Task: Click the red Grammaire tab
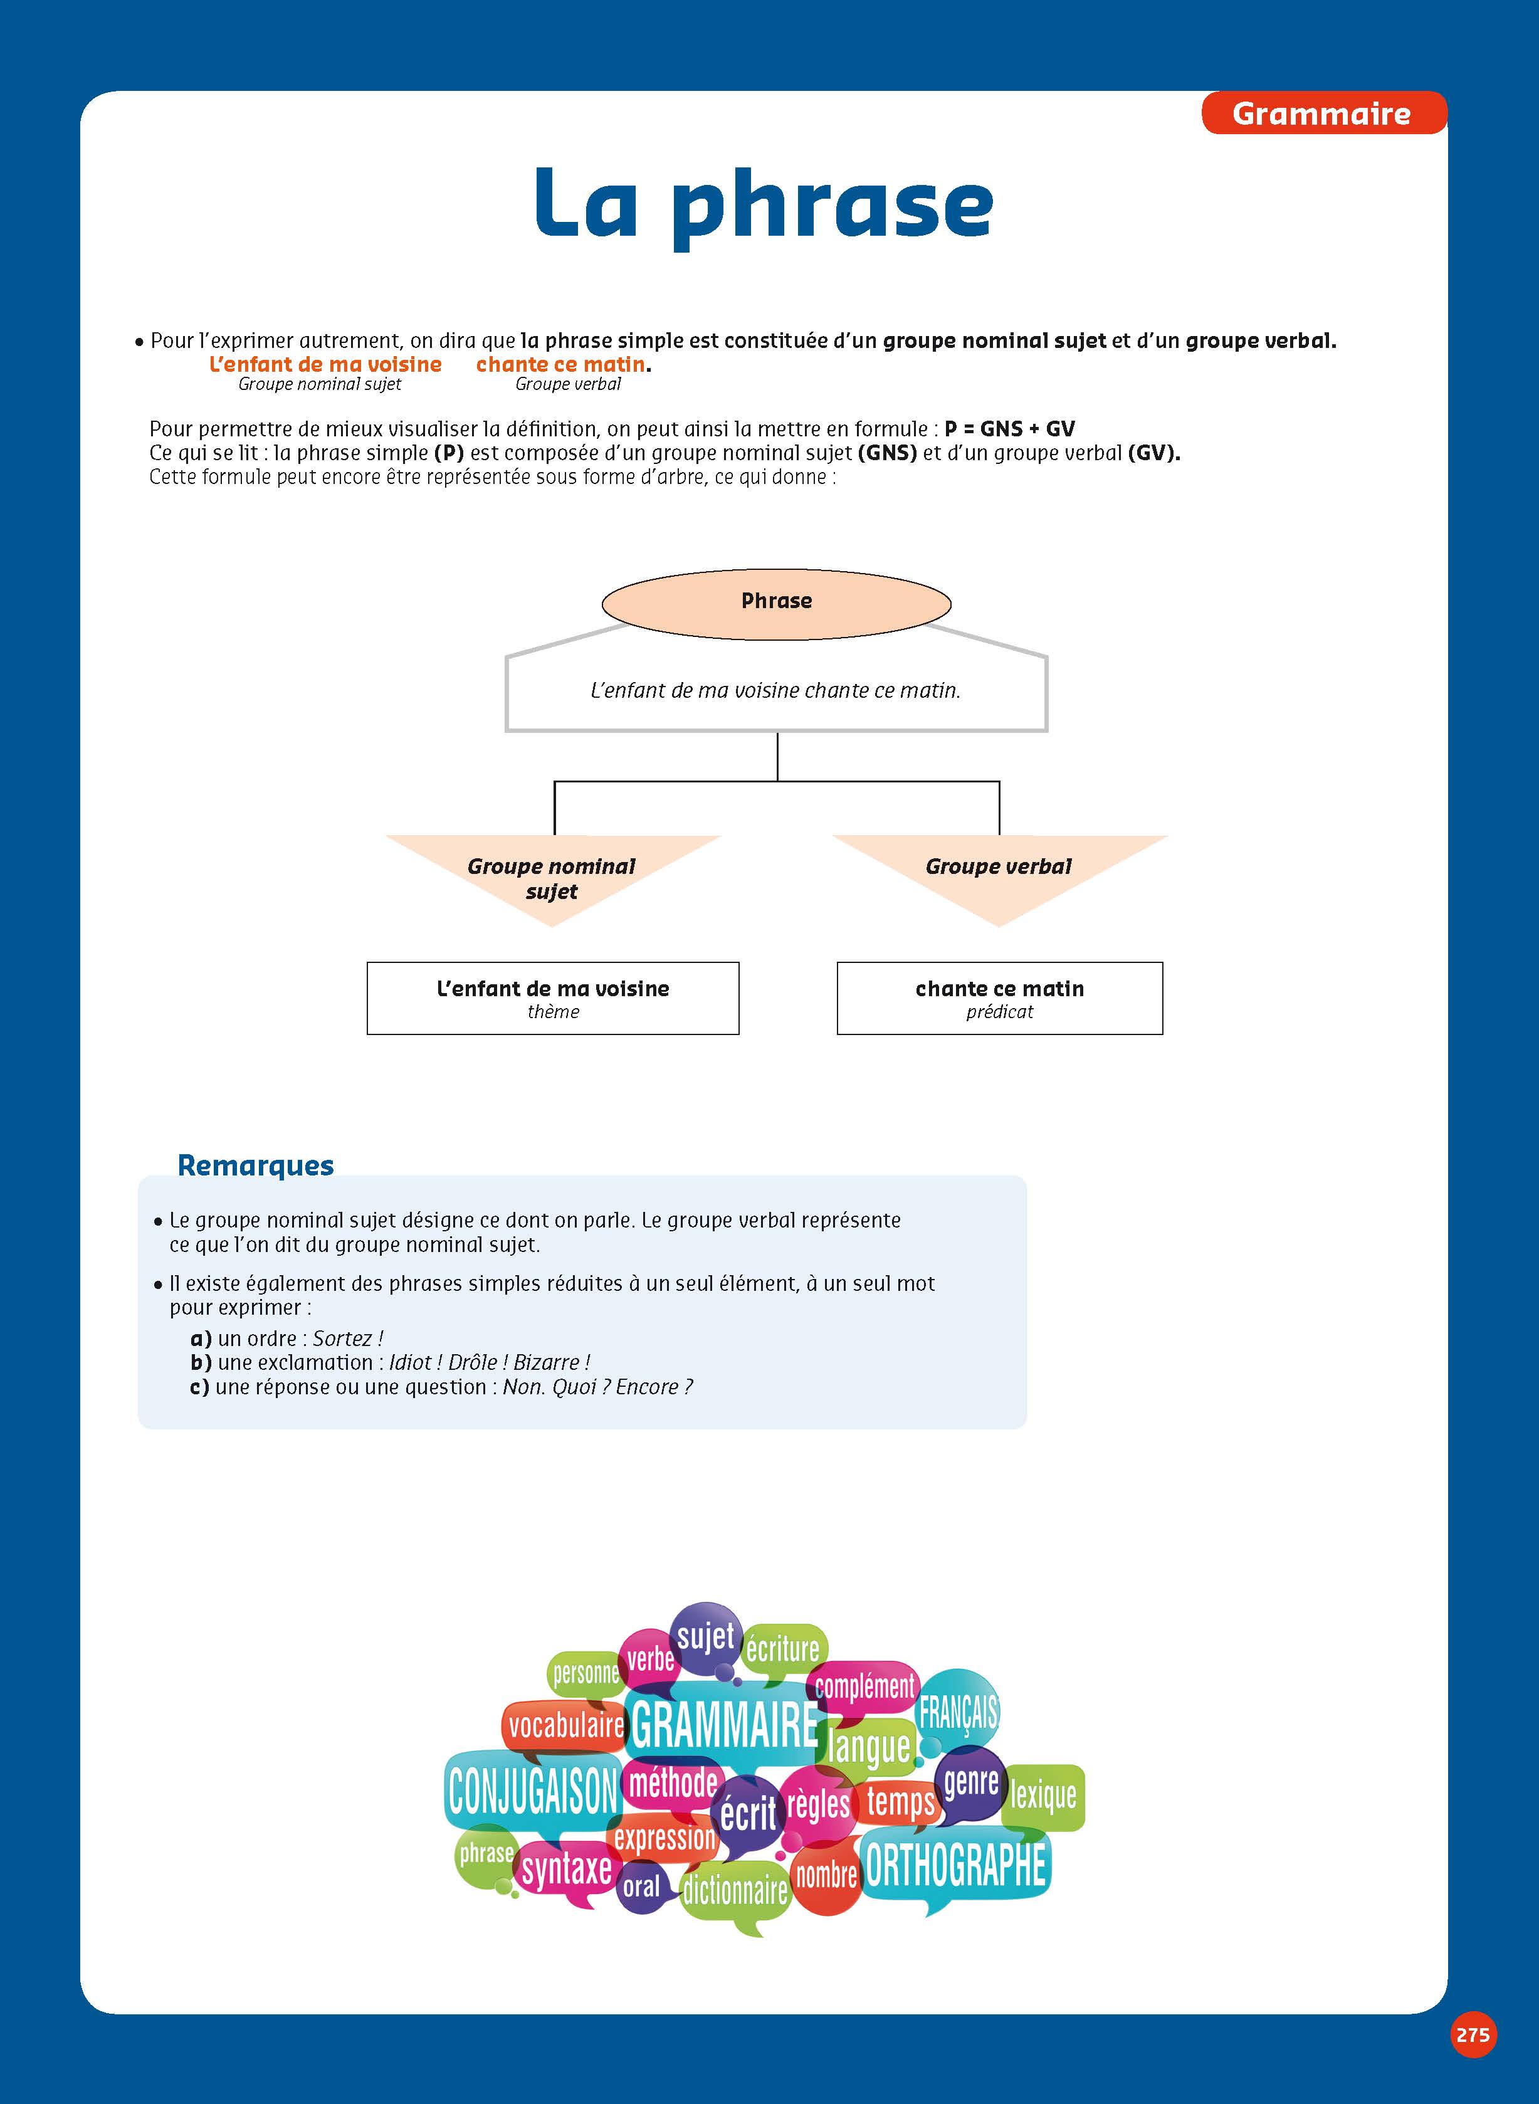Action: (1322, 113)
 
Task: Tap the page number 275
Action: (1472, 2034)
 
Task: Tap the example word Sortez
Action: (343, 1339)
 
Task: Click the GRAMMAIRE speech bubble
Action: (725, 1726)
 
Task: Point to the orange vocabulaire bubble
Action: (565, 1726)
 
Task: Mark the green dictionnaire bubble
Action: (735, 1891)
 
